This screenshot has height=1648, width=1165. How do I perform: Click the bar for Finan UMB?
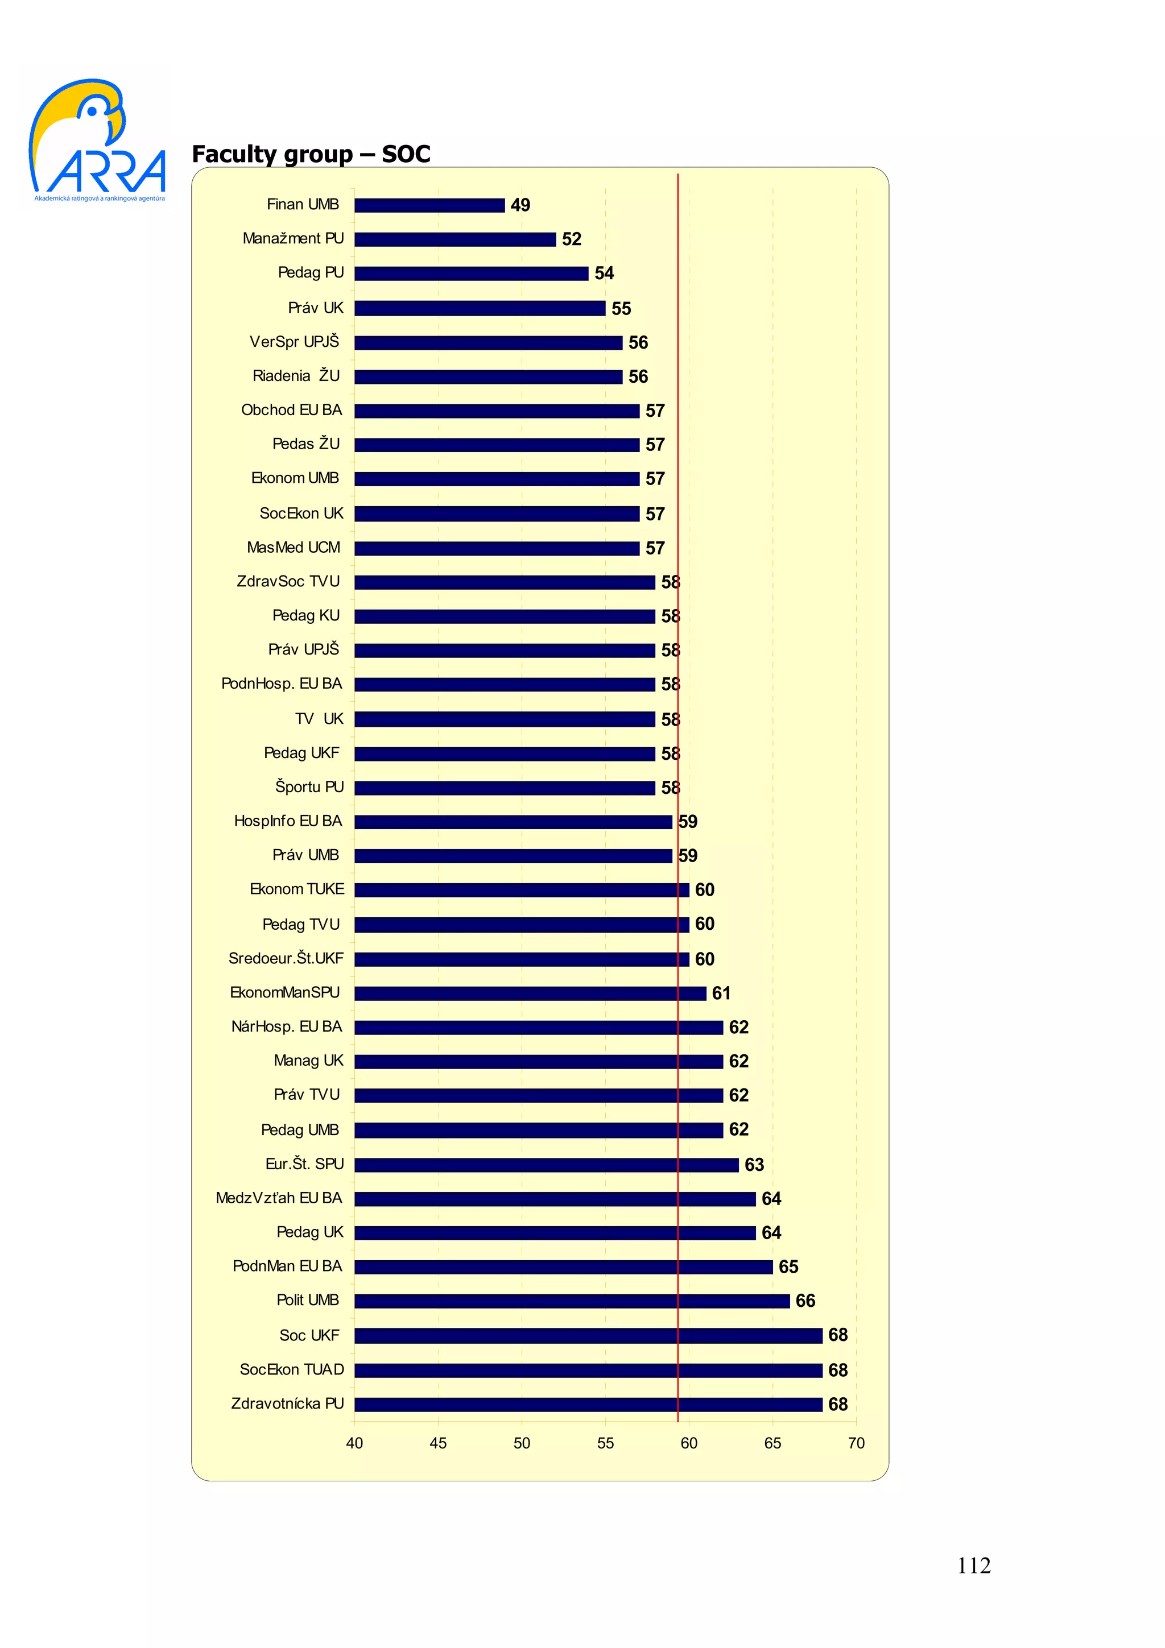(429, 205)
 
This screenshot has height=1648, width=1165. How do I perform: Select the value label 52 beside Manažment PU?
(571, 239)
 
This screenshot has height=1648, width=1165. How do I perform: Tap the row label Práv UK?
(315, 308)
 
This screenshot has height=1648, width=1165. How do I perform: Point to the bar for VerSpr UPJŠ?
(488, 342)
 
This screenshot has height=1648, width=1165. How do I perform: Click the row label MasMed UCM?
(293, 548)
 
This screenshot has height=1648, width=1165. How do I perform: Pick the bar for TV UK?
(505, 719)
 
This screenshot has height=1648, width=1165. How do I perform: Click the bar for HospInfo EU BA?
(513, 822)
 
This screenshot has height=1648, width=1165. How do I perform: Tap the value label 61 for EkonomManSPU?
(721, 993)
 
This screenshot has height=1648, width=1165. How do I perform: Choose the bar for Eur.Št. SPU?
(546, 1164)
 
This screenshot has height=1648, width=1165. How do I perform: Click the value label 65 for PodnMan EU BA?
(788, 1267)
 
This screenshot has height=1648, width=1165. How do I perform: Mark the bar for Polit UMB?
(572, 1301)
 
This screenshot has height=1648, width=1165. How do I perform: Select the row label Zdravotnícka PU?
(287, 1403)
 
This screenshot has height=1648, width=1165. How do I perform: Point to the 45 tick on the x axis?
(438, 1443)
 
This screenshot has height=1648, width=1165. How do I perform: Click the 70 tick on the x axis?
(856, 1443)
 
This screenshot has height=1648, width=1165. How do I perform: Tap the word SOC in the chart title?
(406, 154)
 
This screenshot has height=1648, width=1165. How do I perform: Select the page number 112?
(973, 1565)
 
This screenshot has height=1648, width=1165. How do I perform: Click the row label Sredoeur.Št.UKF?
(286, 958)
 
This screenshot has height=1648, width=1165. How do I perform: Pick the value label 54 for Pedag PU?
(604, 274)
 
